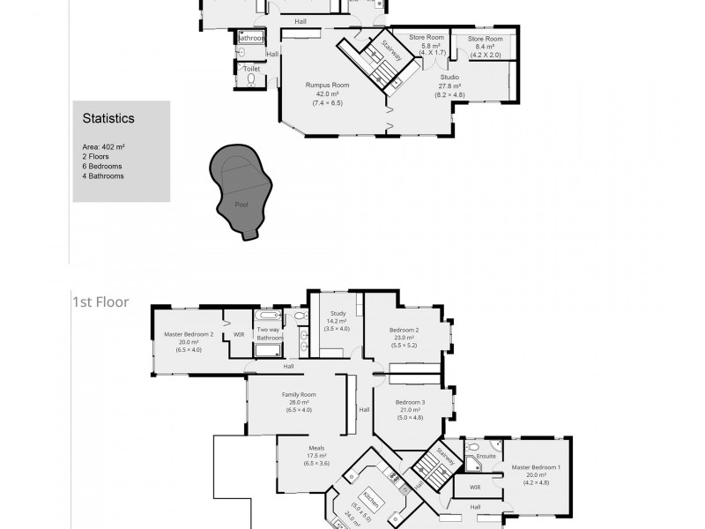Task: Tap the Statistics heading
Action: click(x=108, y=117)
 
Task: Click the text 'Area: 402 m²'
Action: click(x=103, y=146)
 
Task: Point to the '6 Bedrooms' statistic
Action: click(x=101, y=166)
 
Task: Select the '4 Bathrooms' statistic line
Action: click(x=102, y=175)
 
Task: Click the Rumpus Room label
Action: click(x=327, y=86)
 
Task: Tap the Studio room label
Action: click(x=449, y=77)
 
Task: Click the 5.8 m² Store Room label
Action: click(x=427, y=38)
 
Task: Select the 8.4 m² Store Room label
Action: click(x=485, y=40)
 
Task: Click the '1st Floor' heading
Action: click(x=100, y=302)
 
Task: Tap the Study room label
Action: click(x=338, y=313)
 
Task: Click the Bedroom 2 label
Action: click(x=404, y=330)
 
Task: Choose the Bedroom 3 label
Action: click(x=410, y=402)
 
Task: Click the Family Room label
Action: click(x=299, y=394)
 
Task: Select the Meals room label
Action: click(x=316, y=448)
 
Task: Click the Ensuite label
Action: click(x=486, y=457)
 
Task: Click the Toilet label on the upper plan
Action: click(x=252, y=68)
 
